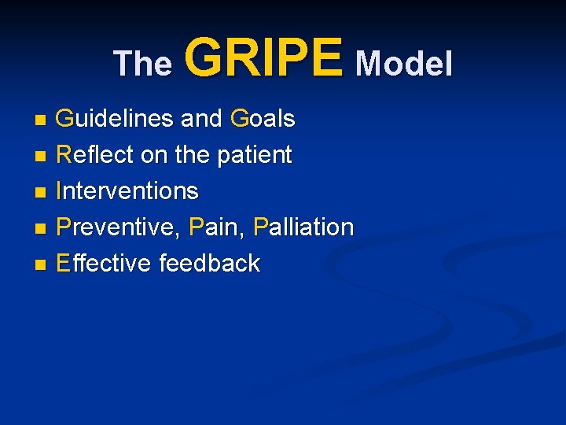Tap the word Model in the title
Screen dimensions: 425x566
(404, 64)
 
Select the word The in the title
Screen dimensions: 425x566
(142, 64)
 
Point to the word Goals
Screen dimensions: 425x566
(263, 119)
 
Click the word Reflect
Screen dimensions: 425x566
(95, 155)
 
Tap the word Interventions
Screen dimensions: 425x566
(127, 191)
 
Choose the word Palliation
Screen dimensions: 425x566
(303, 227)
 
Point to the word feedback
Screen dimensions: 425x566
(209, 264)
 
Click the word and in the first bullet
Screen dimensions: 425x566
(201, 119)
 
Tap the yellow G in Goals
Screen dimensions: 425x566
(239, 119)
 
